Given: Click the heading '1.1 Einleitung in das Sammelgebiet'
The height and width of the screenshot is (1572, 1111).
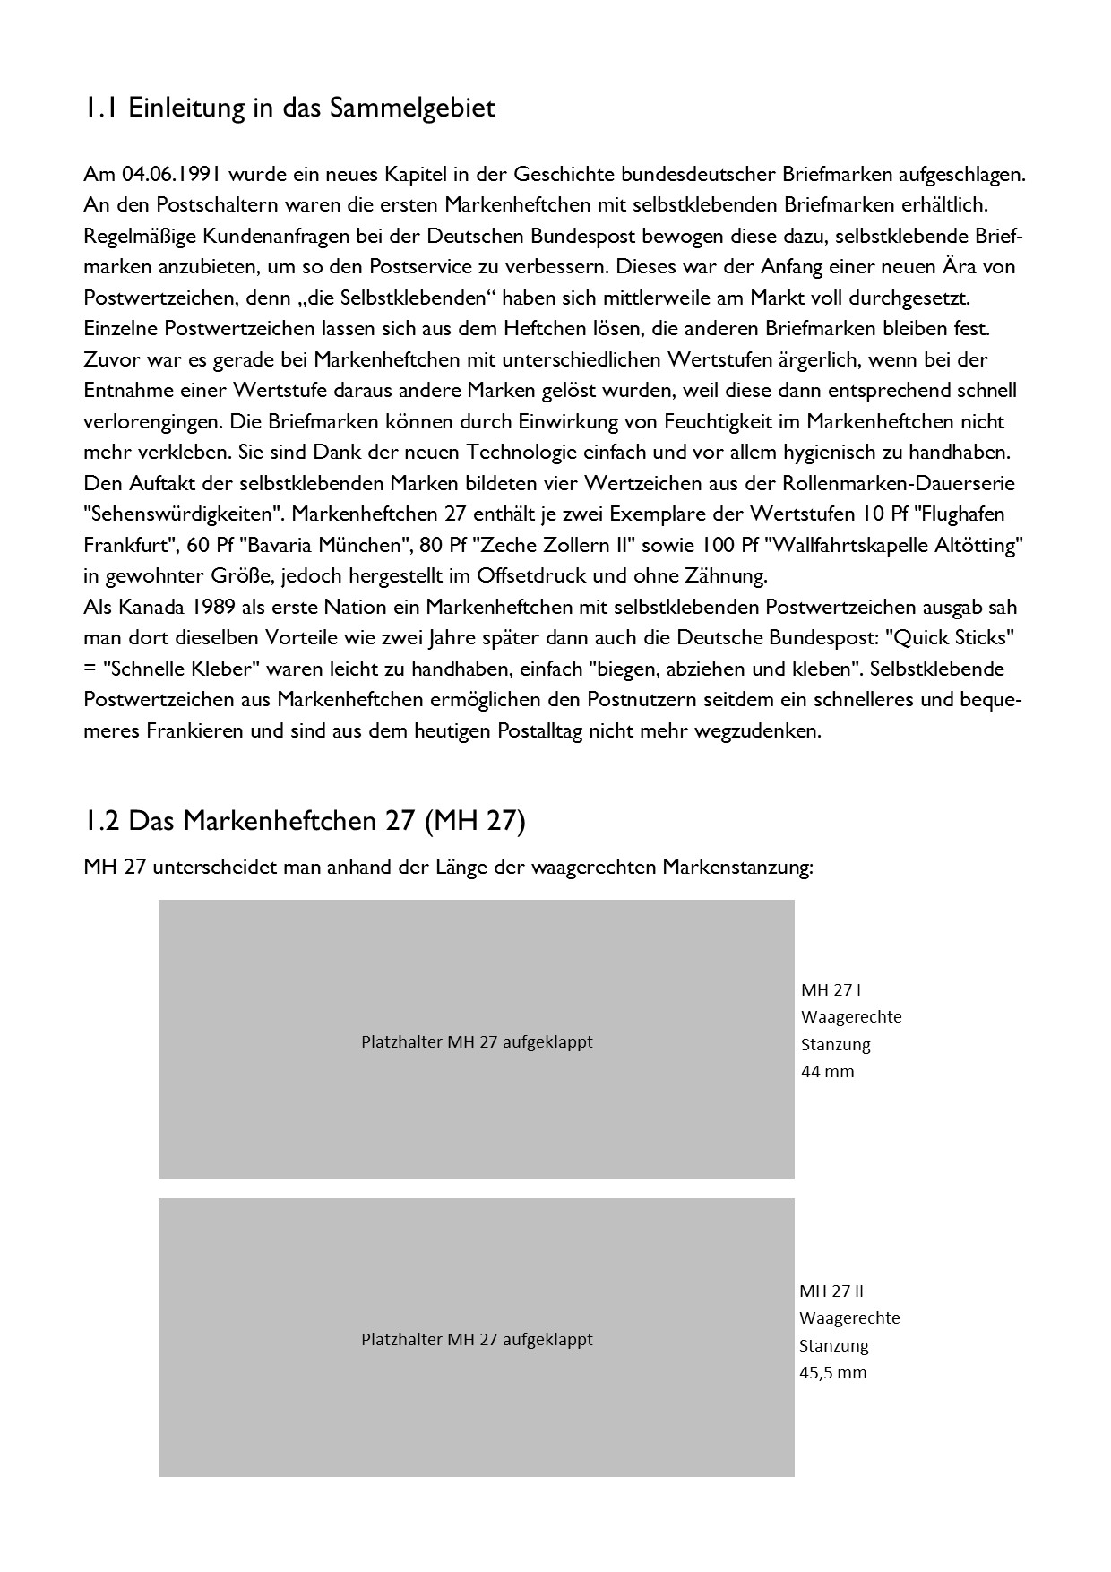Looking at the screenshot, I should pos(289,108).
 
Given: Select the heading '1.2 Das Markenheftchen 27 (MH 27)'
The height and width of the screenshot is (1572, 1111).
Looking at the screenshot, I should pos(305,820).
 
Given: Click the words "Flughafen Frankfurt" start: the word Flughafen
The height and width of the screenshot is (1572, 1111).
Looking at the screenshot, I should pos(959,514).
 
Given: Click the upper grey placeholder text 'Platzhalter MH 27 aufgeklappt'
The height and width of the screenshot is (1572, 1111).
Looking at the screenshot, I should pos(477,1042).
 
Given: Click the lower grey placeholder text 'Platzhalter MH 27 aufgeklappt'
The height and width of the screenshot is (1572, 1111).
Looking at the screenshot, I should pos(477,1340).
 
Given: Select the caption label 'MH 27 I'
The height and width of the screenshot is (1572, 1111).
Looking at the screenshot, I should pos(831,990).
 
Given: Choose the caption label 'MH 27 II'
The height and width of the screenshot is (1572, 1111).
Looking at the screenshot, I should pos(831,1291).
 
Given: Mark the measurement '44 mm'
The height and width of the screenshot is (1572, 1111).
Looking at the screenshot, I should pos(827,1071).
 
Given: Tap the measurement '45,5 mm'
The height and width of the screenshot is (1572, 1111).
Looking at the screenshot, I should pos(832,1372).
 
